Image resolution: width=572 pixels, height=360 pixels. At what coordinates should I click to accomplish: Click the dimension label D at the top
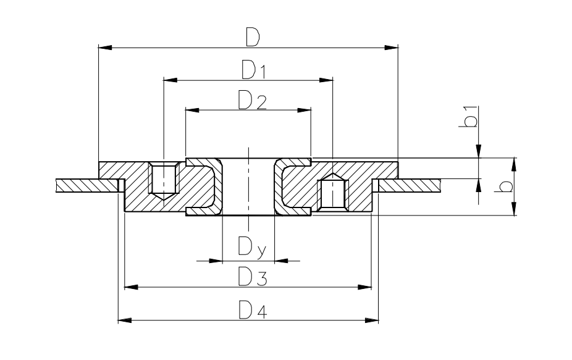[251, 37]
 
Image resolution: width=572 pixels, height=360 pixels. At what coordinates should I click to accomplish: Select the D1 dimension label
[253, 70]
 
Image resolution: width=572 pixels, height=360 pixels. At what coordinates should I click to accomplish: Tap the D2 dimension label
[252, 100]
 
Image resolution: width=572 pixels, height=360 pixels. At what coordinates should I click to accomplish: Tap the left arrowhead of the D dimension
[105, 47]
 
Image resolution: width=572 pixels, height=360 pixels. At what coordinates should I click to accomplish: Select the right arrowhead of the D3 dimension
[365, 287]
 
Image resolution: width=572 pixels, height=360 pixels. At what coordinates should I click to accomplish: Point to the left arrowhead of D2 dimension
[193, 110]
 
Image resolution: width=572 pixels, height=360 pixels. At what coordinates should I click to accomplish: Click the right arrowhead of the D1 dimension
[326, 80]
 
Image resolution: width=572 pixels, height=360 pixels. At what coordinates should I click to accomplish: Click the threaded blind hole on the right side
[333, 193]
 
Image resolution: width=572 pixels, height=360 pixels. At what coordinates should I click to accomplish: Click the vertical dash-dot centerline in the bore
[248, 185]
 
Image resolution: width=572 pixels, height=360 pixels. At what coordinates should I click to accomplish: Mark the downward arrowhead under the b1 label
[479, 152]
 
